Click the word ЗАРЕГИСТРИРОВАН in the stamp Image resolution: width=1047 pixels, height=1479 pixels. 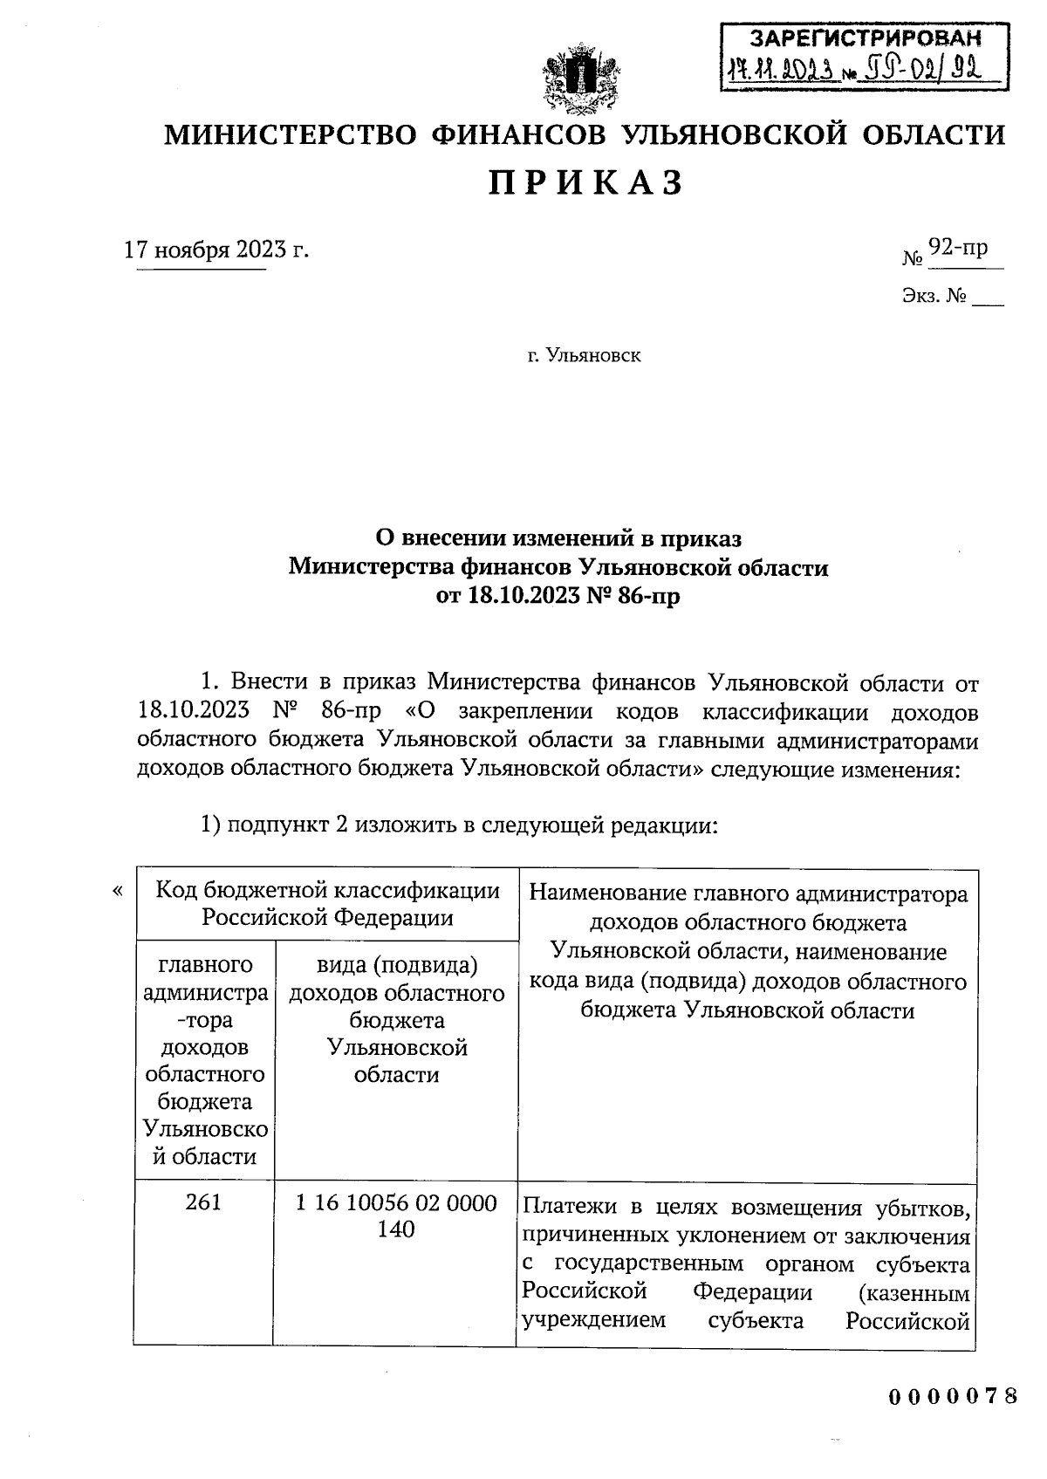pos(866,38)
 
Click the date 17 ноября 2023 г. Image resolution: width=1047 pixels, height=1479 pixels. pos(216,250)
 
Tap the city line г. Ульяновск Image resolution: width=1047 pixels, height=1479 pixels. pos(584,356)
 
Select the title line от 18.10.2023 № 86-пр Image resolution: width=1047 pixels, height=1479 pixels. pos(558,598)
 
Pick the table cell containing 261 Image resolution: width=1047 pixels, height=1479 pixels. pos(203,1203)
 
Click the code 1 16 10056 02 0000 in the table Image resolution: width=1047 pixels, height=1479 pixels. pos(396,1203)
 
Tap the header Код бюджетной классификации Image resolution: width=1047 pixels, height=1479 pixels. pos(327,891)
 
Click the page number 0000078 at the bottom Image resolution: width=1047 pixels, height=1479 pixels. pos(953,1395)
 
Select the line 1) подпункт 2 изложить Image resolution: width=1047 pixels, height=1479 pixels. pos(458,825)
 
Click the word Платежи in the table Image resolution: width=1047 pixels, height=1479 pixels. pos(562,1209)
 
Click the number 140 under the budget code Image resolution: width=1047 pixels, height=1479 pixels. pos(396,1230)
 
